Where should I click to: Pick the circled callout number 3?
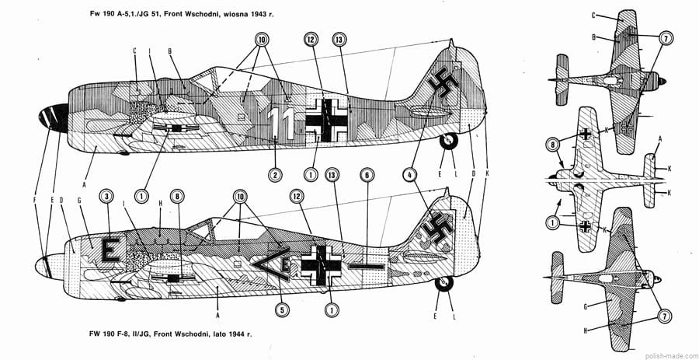coord(107,196)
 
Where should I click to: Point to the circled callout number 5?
coord(283,309)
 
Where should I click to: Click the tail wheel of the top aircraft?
coord(449,142)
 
